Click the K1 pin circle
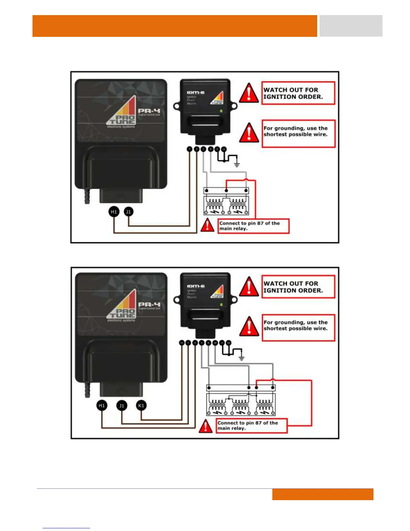(141, 406)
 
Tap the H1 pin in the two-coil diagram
(114, 212)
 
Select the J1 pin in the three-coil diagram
(122, 406)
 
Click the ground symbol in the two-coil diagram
(237, 164)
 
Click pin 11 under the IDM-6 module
(182, 343)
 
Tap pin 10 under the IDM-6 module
(215, 343)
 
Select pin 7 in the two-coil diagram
(190, 149)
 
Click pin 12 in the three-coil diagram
(228, 343)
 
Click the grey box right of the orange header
(351, 26)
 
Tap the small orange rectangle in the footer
(323, 494)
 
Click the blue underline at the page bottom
(66, 528)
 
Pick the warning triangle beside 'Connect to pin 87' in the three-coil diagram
(205, 426)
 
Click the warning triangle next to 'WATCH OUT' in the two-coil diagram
(249, 93)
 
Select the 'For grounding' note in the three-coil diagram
(298, 328)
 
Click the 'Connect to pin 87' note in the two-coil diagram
(253, 226)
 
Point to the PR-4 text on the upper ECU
(149, 111)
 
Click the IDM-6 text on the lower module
(196, 286)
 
